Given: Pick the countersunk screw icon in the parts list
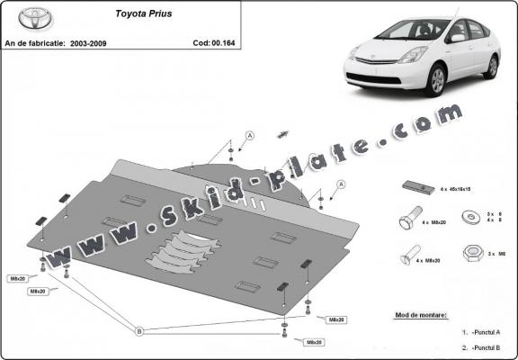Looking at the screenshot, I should (x=408, y=255).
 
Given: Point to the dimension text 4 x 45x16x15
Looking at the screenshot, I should (x=457, y=190).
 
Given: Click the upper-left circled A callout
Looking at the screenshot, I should (x=249, y=135).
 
